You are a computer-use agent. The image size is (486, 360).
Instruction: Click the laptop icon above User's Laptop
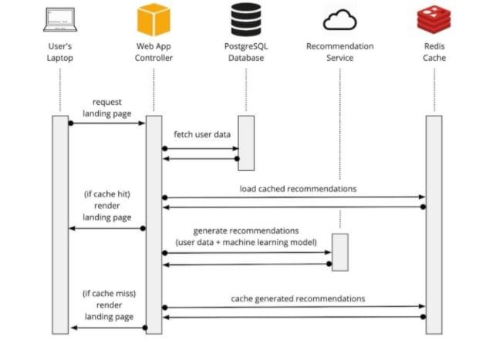click(x=59, y=19)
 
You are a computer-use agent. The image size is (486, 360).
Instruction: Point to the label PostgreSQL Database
click(x=246, y=52)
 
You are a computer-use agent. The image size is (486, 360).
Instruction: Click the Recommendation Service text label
click(x=339, y=52)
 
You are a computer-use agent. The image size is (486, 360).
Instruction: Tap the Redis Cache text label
click(x=434, y=52)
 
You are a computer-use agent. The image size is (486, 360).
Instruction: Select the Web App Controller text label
click(x=154, y=52)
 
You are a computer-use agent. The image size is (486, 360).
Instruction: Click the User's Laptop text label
click(x=59, y=52)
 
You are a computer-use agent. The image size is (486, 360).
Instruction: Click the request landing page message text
click(x=107, y=107)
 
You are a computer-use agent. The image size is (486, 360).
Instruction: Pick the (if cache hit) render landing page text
click(x=107, y=206)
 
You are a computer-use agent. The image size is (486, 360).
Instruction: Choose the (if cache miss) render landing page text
click(x=107, y=305)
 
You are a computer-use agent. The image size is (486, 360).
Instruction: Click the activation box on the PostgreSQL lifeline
click(x=246, y=143)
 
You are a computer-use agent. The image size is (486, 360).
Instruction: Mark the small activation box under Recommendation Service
click(x=339, y=252)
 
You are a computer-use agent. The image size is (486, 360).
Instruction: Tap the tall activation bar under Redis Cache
click(x=434, y=224)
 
